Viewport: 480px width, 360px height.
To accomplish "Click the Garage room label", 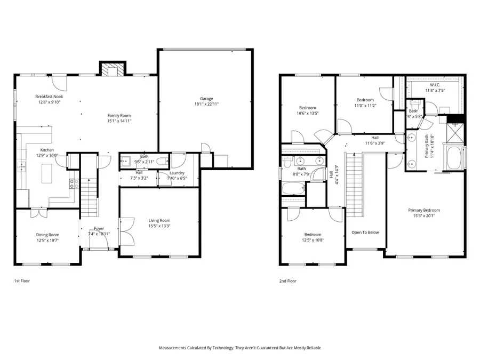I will tap(206, 99).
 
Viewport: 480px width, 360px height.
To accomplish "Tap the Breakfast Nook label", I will tap(50, 97).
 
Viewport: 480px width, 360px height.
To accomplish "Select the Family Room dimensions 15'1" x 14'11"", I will tap(119, 121).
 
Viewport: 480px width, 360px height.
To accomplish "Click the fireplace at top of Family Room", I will tap(113, 70).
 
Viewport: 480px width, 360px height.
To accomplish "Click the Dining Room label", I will tap(47, 235).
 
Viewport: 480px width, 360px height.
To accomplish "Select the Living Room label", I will tap(159, 220).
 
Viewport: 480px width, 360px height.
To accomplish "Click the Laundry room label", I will tap(177, 173).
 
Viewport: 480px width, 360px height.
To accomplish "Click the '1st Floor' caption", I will tap(21, 281).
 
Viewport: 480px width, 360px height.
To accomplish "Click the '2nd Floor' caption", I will tap(287, 281).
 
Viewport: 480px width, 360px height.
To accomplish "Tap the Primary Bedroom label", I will tap(425, 210).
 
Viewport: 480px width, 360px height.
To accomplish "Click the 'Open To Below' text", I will tap(365, 233).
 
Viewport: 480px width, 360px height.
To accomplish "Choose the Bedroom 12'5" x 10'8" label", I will tap(313, 235).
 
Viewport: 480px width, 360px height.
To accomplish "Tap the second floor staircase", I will tap(355, 184).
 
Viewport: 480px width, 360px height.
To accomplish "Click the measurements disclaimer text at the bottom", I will tap(240, 348).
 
